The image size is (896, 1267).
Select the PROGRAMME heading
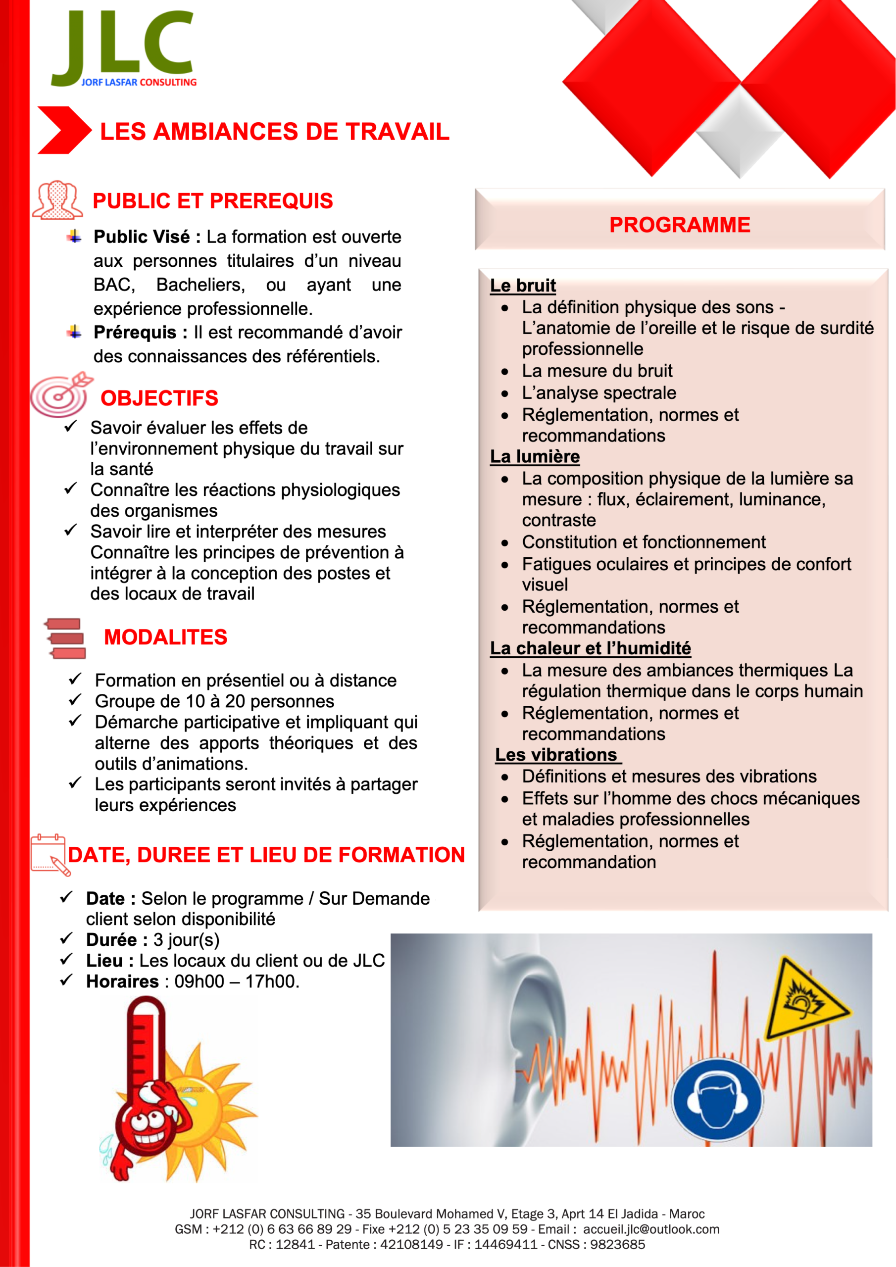[679, 225]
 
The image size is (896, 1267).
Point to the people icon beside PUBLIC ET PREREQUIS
[57, 200]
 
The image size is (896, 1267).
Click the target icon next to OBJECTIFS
[59, 395]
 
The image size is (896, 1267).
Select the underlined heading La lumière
[535, 456]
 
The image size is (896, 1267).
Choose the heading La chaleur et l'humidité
[590, 648]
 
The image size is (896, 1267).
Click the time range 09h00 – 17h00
[236, 982]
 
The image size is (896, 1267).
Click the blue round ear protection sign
[717, 1100]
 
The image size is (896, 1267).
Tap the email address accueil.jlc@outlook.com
[651, 1229]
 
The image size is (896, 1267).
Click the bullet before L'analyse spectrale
[504, 393]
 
